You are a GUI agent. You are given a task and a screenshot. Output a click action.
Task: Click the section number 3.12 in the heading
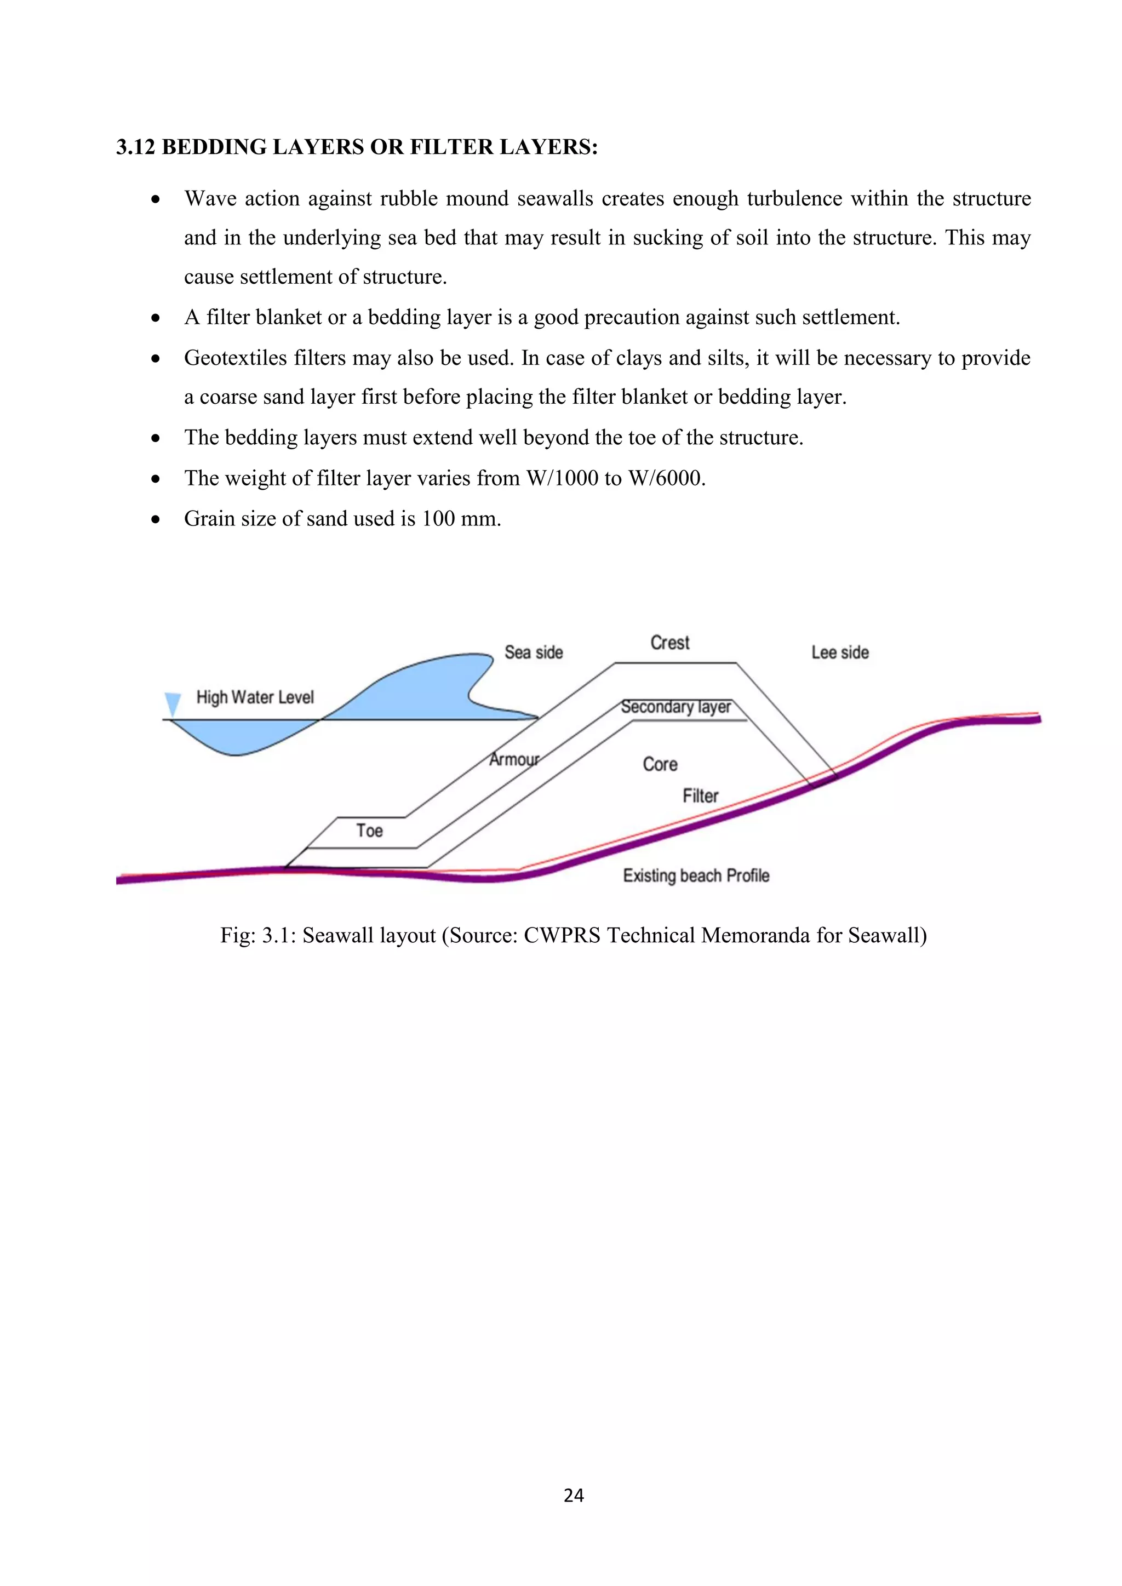click(135, 147)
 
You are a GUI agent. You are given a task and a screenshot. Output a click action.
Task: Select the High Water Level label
click(255, 697)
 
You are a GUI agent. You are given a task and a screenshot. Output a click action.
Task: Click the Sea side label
click(534, 652)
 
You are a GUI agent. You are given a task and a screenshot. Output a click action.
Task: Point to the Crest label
click(669, 643)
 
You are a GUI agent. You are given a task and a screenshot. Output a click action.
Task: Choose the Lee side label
click(839, 652)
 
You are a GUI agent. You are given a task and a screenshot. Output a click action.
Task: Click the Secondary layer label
click(675, 707)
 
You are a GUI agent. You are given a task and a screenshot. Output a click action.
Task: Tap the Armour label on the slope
click(514, 759)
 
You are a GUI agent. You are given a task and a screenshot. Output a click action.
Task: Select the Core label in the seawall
click(660, 764)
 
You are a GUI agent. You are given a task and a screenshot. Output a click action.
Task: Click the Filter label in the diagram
click(700, 796)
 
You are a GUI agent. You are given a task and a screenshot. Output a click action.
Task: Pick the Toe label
click(369, 831)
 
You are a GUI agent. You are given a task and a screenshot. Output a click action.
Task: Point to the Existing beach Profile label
click(696, 875)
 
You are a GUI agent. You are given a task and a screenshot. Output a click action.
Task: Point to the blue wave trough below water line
click(235, 738)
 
